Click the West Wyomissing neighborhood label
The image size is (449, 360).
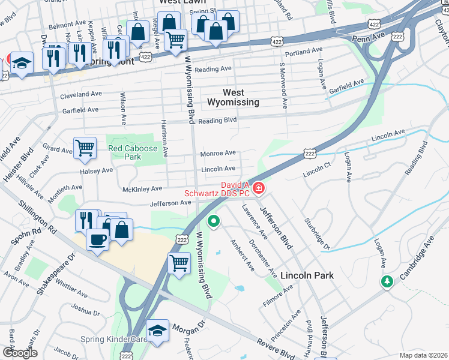click(x=234, y=97)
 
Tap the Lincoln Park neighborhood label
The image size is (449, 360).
click(x=306, y=275)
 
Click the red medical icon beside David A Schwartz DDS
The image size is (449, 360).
click(x=259, y=188)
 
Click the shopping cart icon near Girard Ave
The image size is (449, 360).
click(x=85, y=147)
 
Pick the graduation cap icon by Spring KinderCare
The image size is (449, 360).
click(x=157, y=331)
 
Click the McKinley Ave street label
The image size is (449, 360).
click(x=142, y=188)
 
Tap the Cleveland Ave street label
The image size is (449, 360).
click(x=81, y=94)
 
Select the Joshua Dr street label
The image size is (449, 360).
click(x=85, y=311)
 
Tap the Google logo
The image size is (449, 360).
click(x=20, y=353)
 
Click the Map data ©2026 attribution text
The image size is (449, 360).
click(x=423, y=355)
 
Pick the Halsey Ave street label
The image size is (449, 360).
click(x=97, y=170)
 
